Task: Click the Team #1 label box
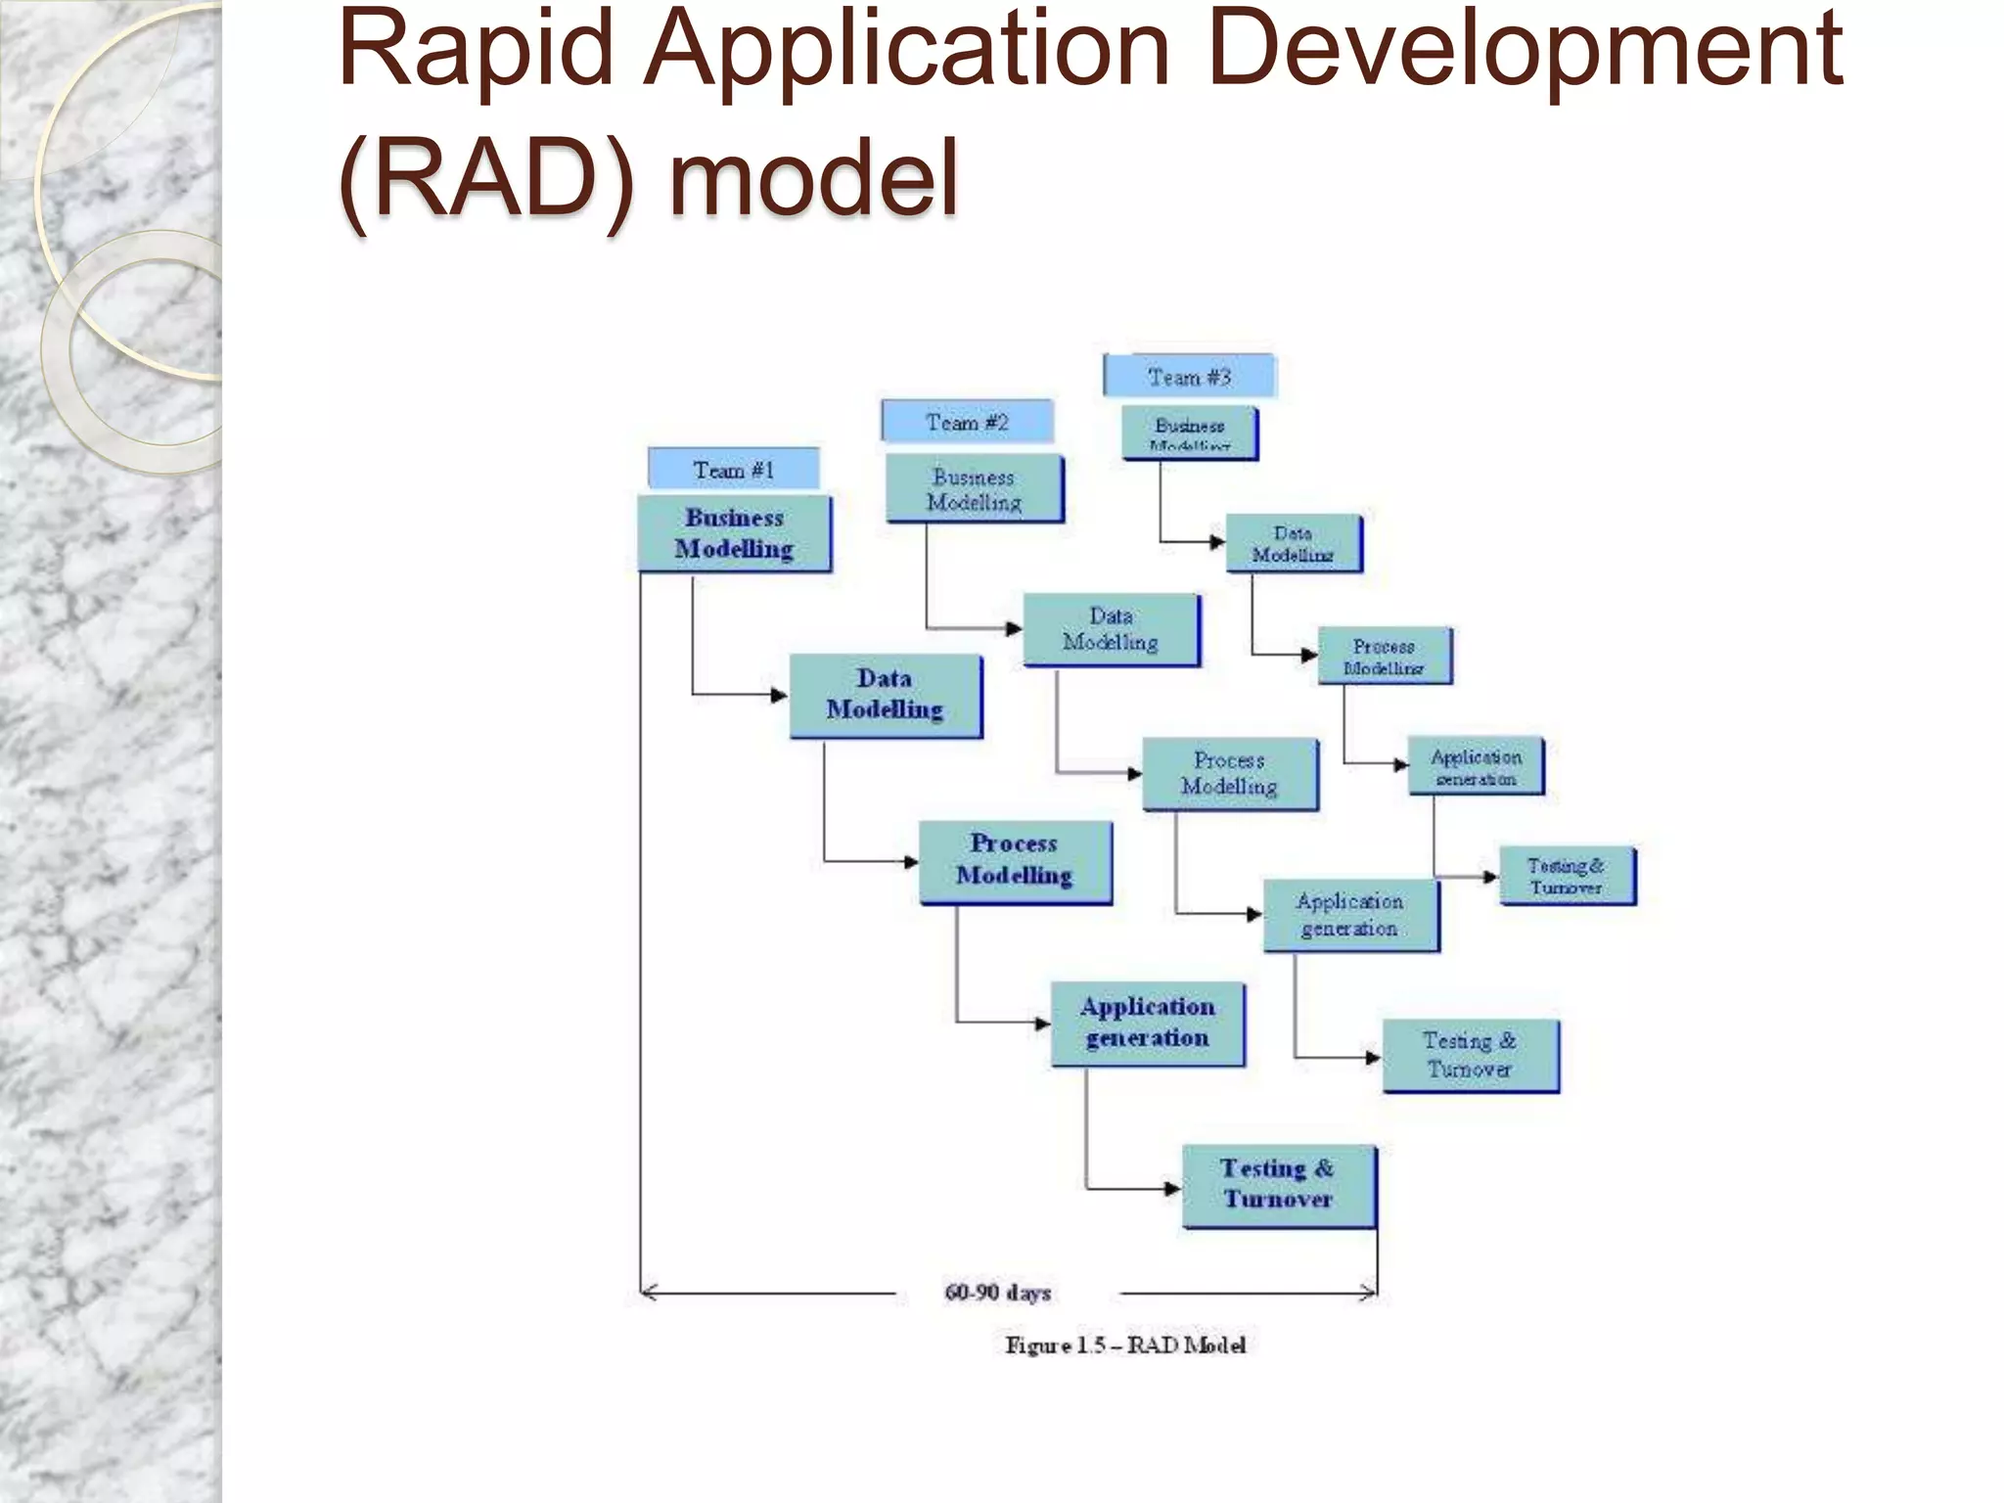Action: click(x=733, y=470)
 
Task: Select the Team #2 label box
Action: click(x=967, y=422)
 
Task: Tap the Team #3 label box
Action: click(x=1189, y=377)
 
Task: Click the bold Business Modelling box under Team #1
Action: click(x=734, y=533)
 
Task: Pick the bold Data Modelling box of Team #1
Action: click(x=885, y=695)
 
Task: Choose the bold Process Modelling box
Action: click(x=1015, y=861)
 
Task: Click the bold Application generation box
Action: click(x=1148, y=1024)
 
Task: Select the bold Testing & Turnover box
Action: click(x=1278, y=1185)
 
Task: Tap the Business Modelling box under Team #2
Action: click(x=974, y=488)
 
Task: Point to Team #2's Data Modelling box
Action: click(x=1111, y=629)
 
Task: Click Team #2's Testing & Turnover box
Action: click(x=1470, y=1055)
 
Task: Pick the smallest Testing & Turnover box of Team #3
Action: click(x=1567, y=876)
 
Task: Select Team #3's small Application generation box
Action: click(x=1476, y=766)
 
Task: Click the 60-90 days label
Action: click(x=998, y=1293)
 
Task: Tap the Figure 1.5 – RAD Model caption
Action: click(x=1125, y=1345)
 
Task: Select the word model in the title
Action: click(x=814, y=179)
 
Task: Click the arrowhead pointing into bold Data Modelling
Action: click(x=780, y=696)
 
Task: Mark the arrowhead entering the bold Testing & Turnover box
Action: click(x=1172, y=1189)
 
